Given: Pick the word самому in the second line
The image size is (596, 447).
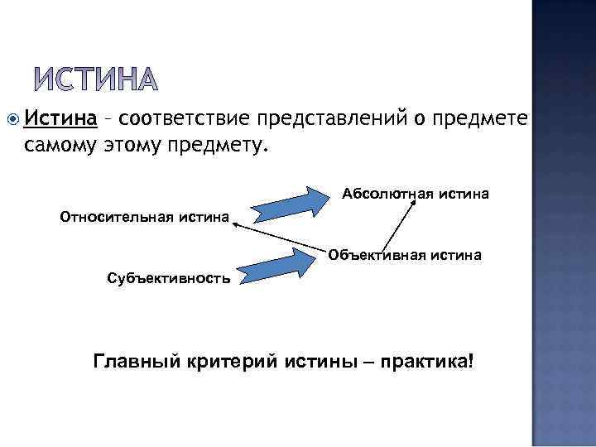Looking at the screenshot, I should pos(57,146).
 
